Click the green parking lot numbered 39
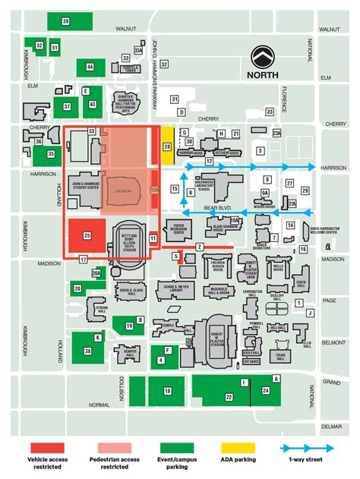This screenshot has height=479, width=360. point(65,22)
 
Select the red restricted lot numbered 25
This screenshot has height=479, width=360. point(87,236)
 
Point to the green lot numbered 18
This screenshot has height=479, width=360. point(166,391)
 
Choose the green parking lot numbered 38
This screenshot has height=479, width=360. point(88,351)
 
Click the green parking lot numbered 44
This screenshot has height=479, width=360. point(90,68)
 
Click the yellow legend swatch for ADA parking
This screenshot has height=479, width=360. point(240,448)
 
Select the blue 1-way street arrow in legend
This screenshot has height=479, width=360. point(312,448)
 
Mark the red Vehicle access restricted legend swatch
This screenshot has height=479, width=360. point(48,448)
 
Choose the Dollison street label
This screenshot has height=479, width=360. point(121,386)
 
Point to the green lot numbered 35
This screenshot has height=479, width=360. point(51,154)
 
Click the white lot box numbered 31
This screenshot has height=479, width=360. point(174,99)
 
